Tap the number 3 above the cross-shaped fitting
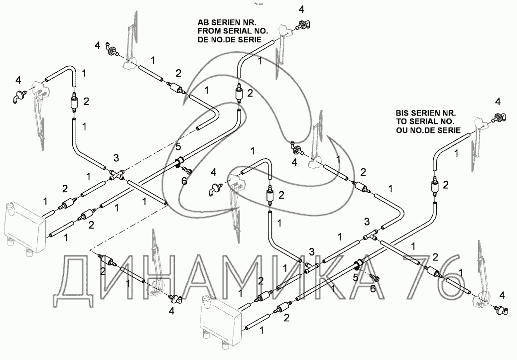116,158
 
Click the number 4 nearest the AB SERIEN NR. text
301,9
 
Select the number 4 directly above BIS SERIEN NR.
497,102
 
